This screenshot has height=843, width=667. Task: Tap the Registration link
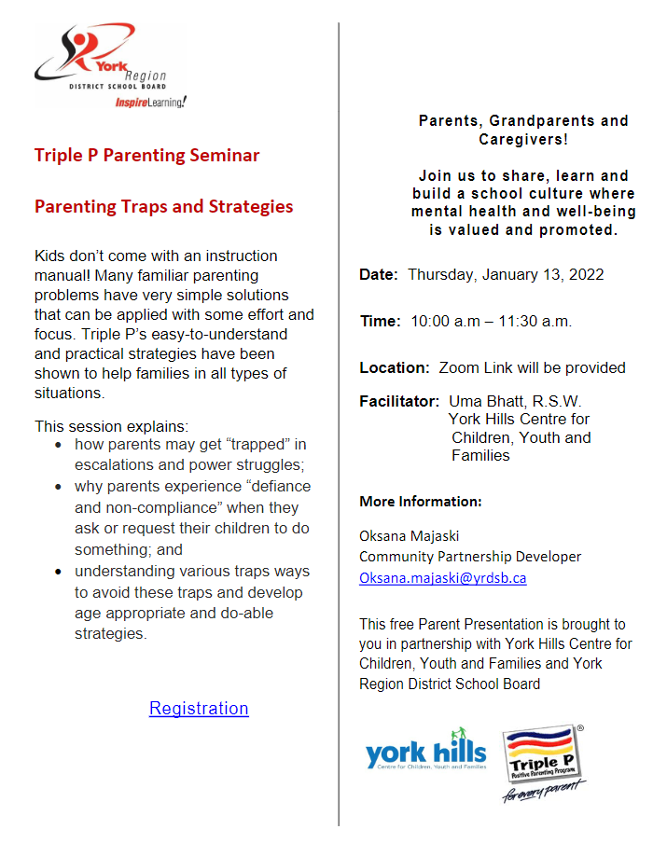pos(199,708)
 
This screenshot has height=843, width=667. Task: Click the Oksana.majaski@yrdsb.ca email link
pos(443,577)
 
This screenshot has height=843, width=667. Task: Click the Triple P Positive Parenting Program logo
pos(543,761)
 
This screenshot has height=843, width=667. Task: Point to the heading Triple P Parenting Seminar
pos(147,155)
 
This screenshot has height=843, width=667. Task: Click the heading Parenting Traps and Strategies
pos(164,206)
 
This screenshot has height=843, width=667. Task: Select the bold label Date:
pos(379,275)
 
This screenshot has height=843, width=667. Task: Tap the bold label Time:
pos(381,322)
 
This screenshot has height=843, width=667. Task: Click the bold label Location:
pos(395,367)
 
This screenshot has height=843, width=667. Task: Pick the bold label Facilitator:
pos(399,402)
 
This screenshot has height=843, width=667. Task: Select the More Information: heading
pos(421,502)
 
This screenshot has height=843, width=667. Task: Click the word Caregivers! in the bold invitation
pos(523,139)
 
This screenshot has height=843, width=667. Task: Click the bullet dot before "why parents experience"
pos(61,487)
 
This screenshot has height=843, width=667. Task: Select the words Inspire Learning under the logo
pos(151,101)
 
